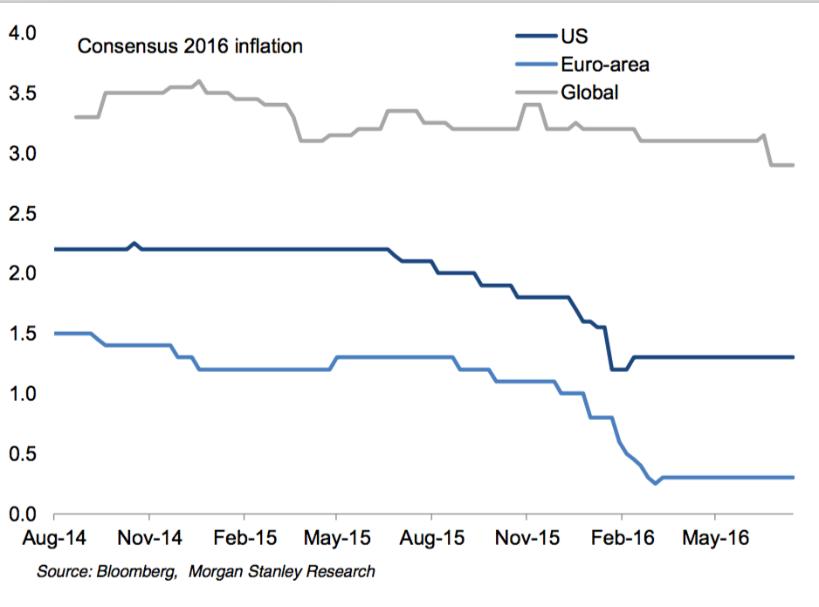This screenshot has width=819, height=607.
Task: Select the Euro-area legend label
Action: click(x=604, y=64)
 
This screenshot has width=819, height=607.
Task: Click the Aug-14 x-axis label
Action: click(x=54, y=539)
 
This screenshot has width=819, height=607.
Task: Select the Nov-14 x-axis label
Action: click(x=148, y=539)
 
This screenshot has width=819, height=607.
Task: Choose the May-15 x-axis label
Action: click(x=336, y=539)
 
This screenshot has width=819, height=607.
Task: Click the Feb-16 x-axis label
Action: click(x=620, y=539)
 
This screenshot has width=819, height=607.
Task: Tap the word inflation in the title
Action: click(x=267, y=46)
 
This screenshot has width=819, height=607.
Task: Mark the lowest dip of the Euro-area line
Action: click(x=656, y=483)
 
